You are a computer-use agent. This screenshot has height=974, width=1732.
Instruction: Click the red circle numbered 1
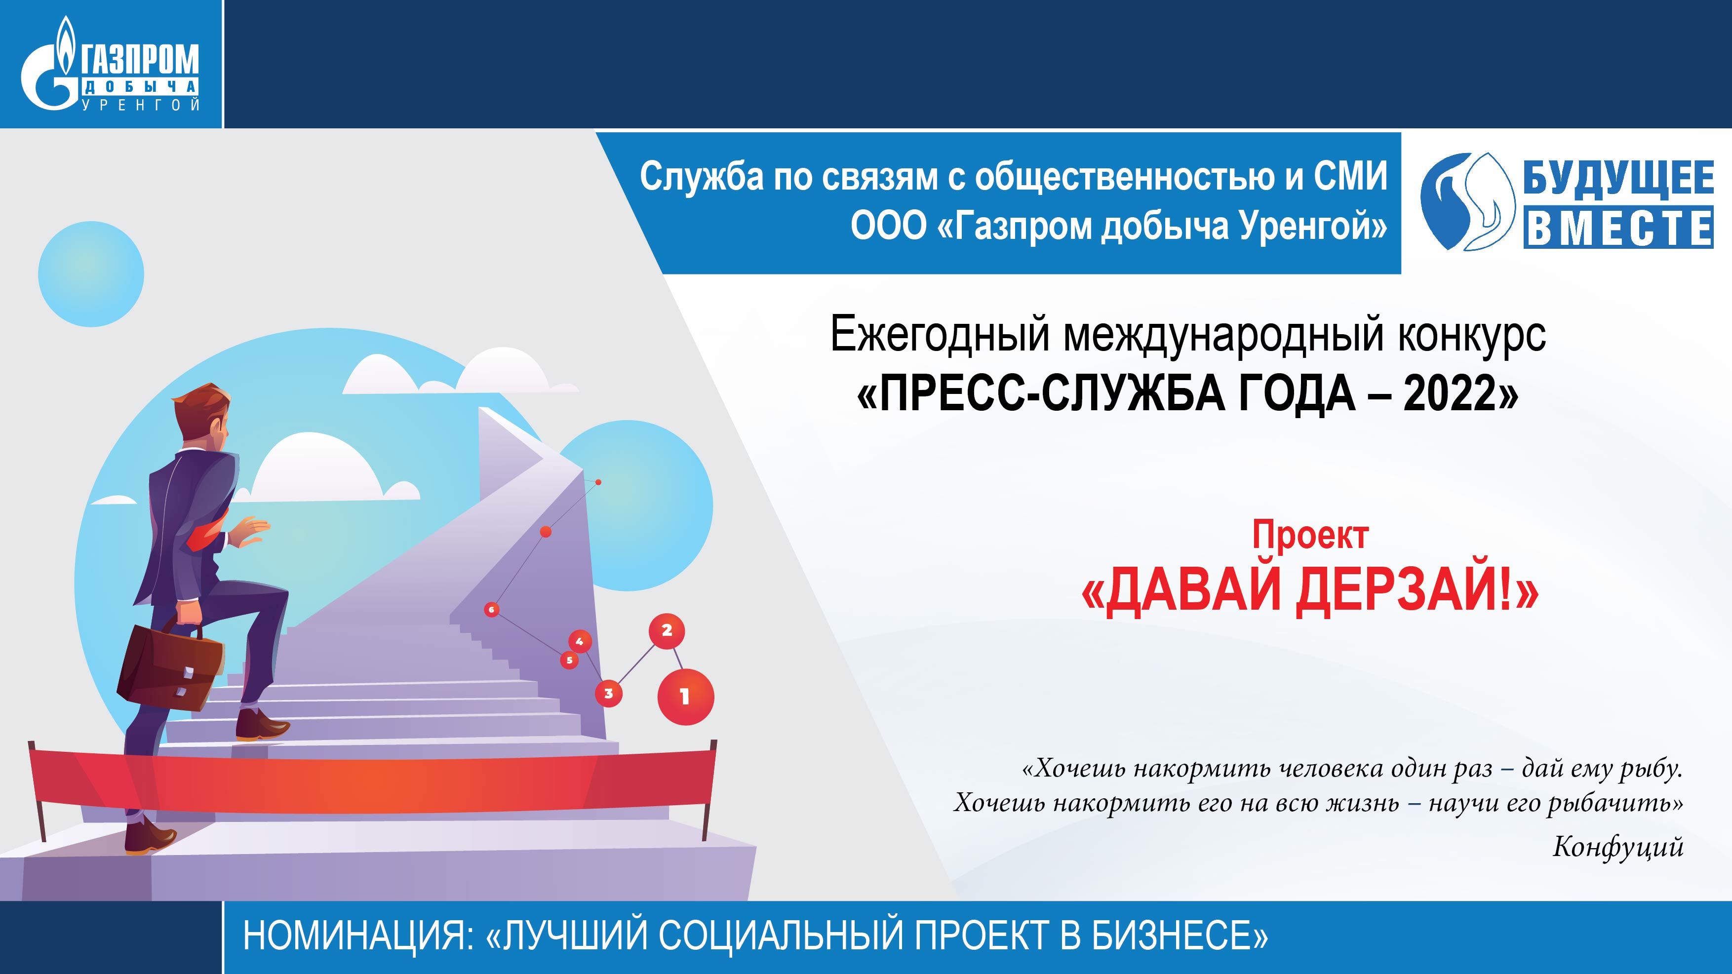[x=685, y=697]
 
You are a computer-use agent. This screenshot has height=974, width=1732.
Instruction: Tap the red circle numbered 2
[x=667, y=630]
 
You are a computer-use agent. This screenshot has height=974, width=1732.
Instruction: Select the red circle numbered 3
[x=608, y=693]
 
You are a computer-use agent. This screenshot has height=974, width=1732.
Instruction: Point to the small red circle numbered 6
[x=491, y=610]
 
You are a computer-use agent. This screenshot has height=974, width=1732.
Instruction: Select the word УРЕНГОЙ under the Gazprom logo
[x=141, y=105]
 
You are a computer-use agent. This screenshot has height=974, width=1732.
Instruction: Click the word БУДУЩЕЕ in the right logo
[x=1617, y=179]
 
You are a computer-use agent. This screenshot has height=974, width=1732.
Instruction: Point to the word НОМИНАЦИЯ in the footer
[x=357, y=935]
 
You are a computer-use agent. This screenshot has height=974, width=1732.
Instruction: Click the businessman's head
[x=203, y=417]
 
